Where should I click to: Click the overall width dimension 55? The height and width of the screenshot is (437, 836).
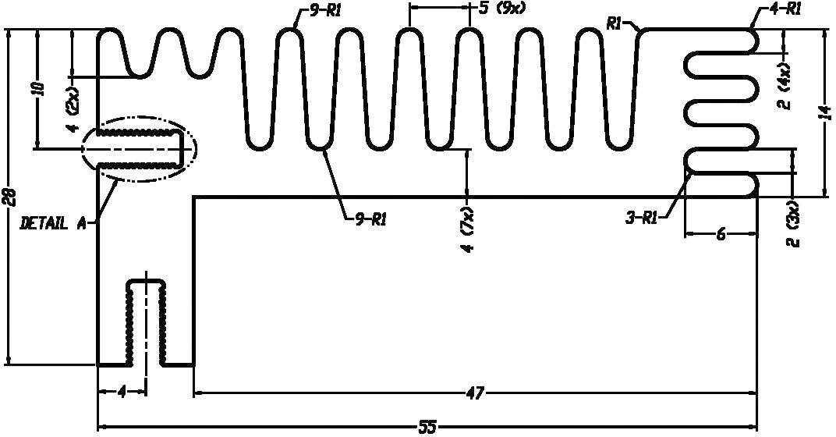[x=428, y=427]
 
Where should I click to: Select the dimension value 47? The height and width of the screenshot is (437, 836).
[x=474, y=394]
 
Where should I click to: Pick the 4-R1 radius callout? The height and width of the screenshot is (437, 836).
[x=780, y=9]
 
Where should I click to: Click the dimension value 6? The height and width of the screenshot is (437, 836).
[x=721, y=233]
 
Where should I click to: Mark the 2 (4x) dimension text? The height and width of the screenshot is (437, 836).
[x=784, y=87]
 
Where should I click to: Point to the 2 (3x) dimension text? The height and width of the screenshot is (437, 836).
[x=795, y=224]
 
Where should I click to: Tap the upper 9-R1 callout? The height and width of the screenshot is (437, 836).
[x=321, y=11]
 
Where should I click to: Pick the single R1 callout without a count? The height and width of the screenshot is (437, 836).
[x=615, y=23]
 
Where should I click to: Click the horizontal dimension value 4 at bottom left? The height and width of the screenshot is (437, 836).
[x=122, y=393]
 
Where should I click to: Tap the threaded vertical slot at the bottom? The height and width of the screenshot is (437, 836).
[x=146, y=322]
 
